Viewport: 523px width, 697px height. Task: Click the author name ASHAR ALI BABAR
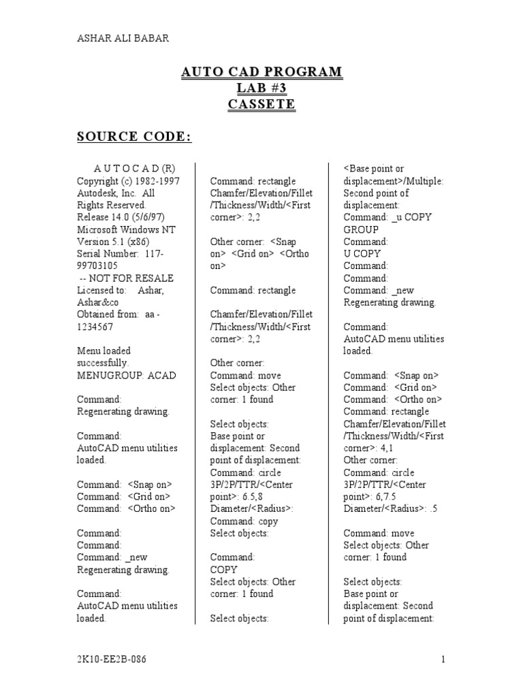tap(123, 39)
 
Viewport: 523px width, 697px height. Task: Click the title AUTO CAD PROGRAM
tap(261, 72)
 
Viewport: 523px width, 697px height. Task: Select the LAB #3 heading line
tap(261, 88)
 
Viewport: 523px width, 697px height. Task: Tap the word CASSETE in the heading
tap(261, 104)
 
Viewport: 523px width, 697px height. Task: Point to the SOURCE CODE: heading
tap(133, 137)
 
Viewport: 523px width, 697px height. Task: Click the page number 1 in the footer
tap(443, 659)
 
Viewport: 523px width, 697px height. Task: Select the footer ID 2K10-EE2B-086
tap(111, 659)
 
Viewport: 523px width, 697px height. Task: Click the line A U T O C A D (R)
tap(126, 169)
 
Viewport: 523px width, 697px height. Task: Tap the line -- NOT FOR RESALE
tap(125, 278)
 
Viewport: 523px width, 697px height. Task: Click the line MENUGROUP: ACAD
tap(116, 375)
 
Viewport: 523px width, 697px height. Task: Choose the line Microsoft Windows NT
tap(120, 229)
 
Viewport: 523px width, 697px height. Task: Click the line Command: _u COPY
tap(387, 217)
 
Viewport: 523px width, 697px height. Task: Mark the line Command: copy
tap(244, 521)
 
